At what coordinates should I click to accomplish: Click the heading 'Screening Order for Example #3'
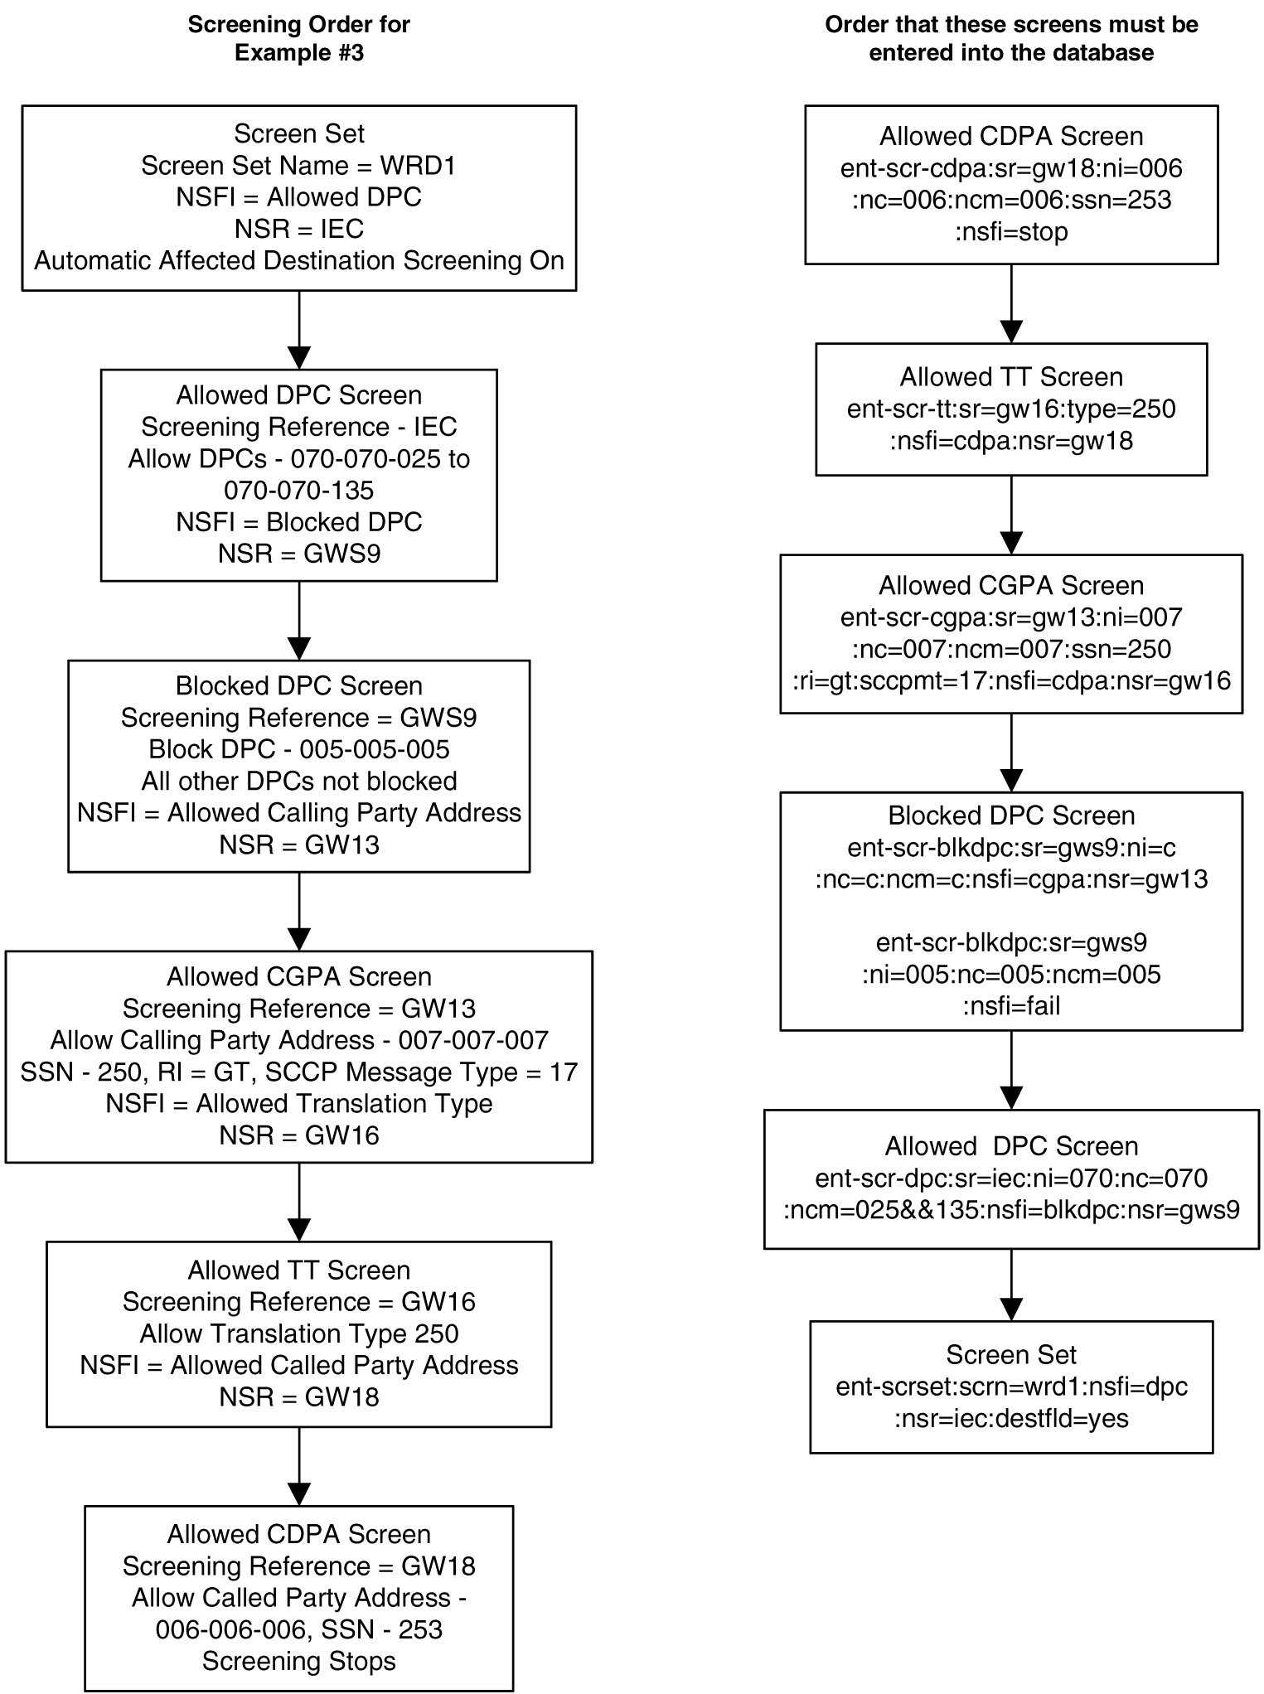pos(298,38)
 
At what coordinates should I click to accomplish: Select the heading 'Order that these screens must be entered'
pos(1010,38)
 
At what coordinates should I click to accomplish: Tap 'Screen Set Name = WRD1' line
pos(298,166)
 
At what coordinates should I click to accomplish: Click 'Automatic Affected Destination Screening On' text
pos(298,260)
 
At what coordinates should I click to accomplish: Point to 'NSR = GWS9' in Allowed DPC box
pos(298,554)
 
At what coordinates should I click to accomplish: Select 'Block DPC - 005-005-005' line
pos(298,749)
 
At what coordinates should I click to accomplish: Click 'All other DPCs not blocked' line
pos(298,781)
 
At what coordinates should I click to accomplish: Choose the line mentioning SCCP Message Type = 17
pos(298,1072)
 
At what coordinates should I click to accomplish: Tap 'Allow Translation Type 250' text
pos(298,1333)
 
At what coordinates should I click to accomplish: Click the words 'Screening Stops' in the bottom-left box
pos(298,1661)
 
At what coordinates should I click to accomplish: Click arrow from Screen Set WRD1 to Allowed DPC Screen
pos(298,330)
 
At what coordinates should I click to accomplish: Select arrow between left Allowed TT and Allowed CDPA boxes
pos(298,1466)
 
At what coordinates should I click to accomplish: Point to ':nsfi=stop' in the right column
pos(1010,231)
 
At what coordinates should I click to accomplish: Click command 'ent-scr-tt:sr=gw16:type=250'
pos(1010,409)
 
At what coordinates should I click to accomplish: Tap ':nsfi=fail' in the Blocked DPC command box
pos(1010,1005)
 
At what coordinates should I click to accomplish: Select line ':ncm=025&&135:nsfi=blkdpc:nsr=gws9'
pos(1010,1209)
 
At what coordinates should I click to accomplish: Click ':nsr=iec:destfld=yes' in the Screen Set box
pos(1010,1418)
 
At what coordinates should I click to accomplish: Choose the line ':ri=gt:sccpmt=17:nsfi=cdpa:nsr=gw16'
pos(1010,680)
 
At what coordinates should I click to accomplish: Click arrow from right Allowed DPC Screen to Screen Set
pos(1010,1285)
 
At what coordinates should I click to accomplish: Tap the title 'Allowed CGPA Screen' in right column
pos(1010,586)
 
